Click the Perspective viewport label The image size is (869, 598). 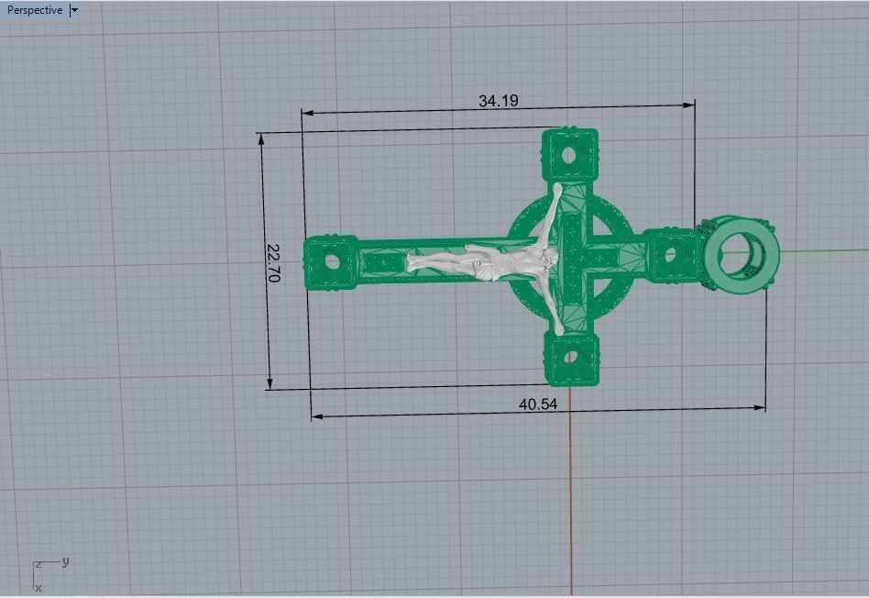(35, 10)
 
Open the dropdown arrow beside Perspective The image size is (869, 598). (74, 10)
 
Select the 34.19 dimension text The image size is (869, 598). (498, 101)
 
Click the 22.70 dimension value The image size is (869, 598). (273, 261)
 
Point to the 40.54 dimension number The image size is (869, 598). (538, 404)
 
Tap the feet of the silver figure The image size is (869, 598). (414, 263)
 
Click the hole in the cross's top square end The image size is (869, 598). (569, 154)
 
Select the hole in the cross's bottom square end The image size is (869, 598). (570, 359)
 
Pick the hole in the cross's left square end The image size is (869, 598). (329, 262)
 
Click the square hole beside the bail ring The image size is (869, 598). (671, 254)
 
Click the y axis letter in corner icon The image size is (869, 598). (66, 561)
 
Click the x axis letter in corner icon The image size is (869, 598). (38, 588)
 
